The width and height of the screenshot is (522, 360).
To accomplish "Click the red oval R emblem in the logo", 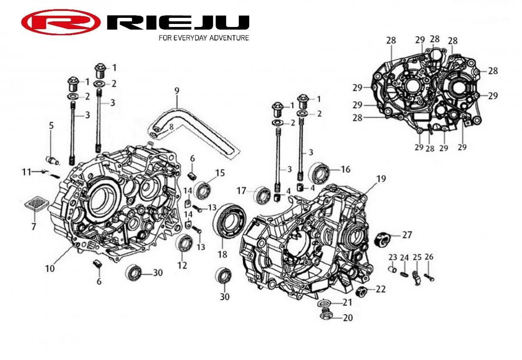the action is tap(61, 22).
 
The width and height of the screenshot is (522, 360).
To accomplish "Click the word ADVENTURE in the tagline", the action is tap(229, 38).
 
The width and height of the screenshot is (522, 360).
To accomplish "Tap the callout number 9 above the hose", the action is tap(177, 91).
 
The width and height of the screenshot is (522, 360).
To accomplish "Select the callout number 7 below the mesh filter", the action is tap(34, 226).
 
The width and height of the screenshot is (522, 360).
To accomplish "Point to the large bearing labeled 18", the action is tap(229, 221).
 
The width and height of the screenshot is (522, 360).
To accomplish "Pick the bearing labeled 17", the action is tap(262, 195).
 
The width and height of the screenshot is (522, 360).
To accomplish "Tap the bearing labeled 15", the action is tap(202, 191).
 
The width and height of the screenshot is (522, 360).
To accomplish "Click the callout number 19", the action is tap(381, 179).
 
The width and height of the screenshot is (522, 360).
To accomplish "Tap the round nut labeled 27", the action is tap(383, 238).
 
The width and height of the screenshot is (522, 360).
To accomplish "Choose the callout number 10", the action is tap(50, 268).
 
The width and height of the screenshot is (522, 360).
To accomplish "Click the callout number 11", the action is tap(26, 172).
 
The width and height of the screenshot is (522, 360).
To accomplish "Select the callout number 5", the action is tap(51, 126).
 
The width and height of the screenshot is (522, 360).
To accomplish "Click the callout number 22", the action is tap(381, 289).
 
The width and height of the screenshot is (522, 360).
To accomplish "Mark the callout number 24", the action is tap(404, 258).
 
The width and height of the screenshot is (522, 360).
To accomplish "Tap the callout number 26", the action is tap(429, 257).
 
